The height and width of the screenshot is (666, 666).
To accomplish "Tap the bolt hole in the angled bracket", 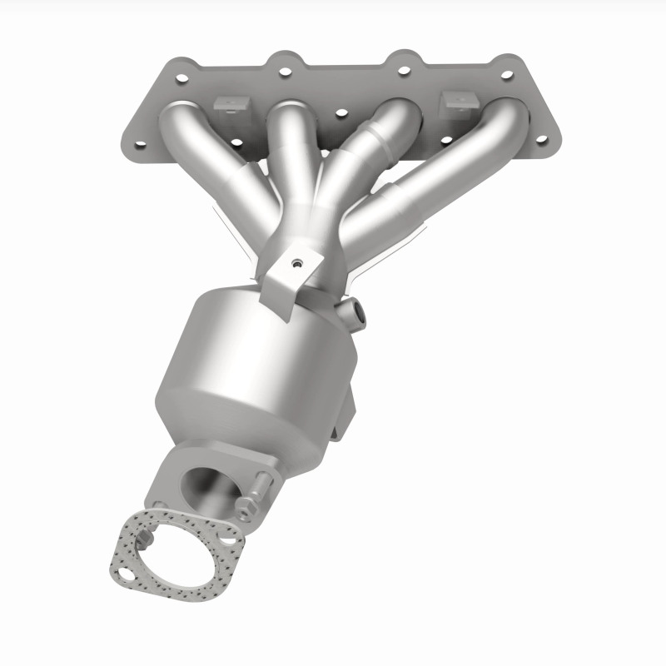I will click(x=295, y=265).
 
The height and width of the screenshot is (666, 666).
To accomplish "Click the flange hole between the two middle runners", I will click(x=339, y=112).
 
